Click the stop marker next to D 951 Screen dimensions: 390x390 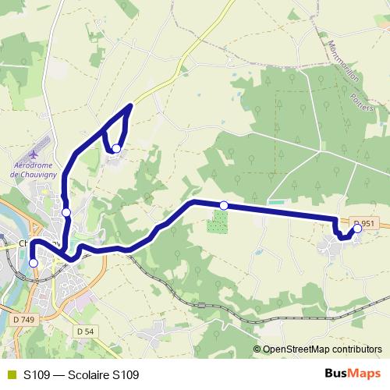[358, 229]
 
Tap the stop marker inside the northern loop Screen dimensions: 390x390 [116, 148]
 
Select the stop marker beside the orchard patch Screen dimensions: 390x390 [224, 205]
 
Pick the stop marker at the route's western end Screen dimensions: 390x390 [34, 263]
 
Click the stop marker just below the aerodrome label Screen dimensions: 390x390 [66, 212]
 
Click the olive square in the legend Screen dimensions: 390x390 [11, 374]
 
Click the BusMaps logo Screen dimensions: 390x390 [353, 374]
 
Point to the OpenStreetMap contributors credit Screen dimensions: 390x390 [321, 349]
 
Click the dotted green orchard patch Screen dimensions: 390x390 [218, 222]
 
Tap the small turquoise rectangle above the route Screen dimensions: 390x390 [275, 204]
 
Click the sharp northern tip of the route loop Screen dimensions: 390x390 [130, 104]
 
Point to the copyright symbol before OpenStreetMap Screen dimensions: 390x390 [257, 349]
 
